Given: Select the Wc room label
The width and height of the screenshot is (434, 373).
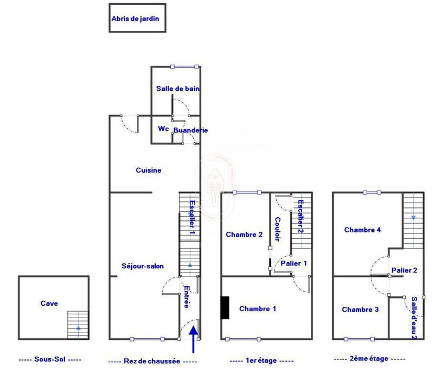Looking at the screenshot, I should coord(163,129).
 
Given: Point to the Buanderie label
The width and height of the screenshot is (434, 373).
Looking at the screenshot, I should coord(190,130).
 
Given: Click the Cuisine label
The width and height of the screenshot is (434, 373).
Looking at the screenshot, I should coord(148,170).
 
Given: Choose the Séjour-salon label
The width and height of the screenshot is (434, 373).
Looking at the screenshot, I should coord(143,266).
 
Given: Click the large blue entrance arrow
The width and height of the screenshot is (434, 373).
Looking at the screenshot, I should coord(194,337).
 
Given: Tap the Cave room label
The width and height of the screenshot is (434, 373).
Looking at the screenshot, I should coord(49,304).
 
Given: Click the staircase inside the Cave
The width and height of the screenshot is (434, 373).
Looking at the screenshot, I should coord(78,325).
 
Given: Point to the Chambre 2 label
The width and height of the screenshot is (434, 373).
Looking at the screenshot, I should coord(244,235).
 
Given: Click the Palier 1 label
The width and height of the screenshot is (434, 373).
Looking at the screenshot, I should coord(293,263).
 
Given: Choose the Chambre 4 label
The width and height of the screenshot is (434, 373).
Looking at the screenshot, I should coord(362,230).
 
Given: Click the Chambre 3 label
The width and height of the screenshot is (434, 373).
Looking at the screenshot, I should coord(360,309).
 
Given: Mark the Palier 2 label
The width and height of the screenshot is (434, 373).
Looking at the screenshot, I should coord(404,270).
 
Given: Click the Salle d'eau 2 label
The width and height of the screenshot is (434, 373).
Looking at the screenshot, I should coord(413,317).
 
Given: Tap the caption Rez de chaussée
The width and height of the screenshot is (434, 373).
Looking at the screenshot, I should coord(152,361).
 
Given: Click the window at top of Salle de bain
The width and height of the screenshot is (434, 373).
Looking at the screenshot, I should coord(183,67).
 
